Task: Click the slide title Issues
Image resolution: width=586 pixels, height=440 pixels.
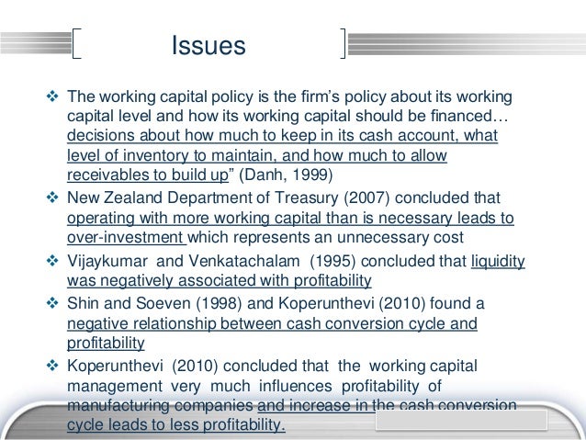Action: [x=208, y=45]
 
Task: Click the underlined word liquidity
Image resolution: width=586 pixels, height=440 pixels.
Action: [x=497, y=261]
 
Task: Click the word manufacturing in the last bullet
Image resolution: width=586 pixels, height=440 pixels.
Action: [x=117, y=406]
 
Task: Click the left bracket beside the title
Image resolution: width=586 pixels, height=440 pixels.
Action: [x=77, y=45]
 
